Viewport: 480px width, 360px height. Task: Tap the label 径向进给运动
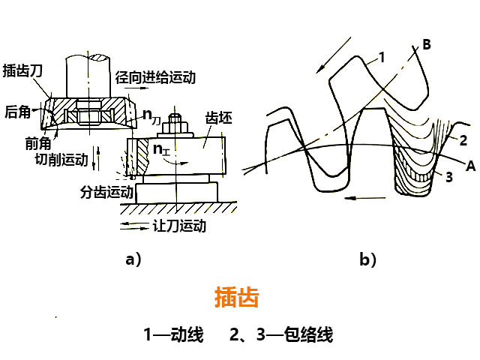155,77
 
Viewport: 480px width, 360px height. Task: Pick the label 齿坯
220,118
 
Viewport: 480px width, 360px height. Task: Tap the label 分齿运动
106,192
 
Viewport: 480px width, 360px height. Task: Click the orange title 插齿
236,298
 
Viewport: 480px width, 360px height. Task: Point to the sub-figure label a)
133,259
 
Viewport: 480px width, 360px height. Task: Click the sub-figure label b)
368,259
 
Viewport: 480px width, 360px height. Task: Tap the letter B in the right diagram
426,45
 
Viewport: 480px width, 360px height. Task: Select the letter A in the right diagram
470,166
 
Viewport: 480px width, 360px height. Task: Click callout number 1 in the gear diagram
381,56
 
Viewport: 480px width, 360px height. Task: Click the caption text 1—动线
174,334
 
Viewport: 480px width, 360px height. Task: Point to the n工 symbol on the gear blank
162,148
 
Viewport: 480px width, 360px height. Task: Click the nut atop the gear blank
177,121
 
